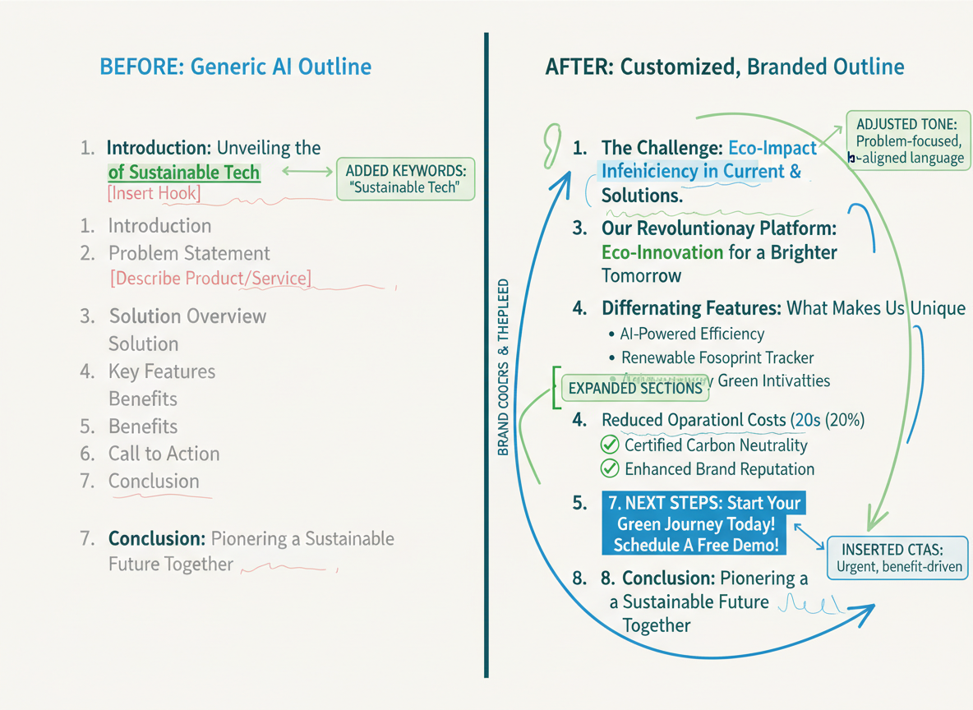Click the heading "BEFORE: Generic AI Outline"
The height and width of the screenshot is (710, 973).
(235, 67)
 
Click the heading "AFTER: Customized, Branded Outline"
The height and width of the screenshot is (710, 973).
(724, 67)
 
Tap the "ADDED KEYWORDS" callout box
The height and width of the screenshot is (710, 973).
(406, 179)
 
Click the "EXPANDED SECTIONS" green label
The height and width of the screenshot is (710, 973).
(636, 388)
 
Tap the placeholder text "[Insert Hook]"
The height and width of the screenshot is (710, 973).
(154, 195)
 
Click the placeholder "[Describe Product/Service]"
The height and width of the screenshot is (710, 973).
(210, 279)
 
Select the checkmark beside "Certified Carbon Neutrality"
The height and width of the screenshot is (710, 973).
(610, 445)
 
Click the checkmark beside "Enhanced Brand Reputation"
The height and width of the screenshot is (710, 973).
(610, 469)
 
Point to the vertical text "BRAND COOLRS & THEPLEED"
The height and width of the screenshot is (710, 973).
(503, 367)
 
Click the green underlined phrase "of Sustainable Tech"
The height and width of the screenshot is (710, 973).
(184, 173)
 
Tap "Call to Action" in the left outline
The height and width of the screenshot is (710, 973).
(164, 454)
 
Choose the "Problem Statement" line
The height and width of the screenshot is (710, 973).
(189, 253)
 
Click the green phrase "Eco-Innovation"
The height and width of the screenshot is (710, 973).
(662, 252)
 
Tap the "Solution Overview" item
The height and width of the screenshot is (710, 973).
(187, 316)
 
